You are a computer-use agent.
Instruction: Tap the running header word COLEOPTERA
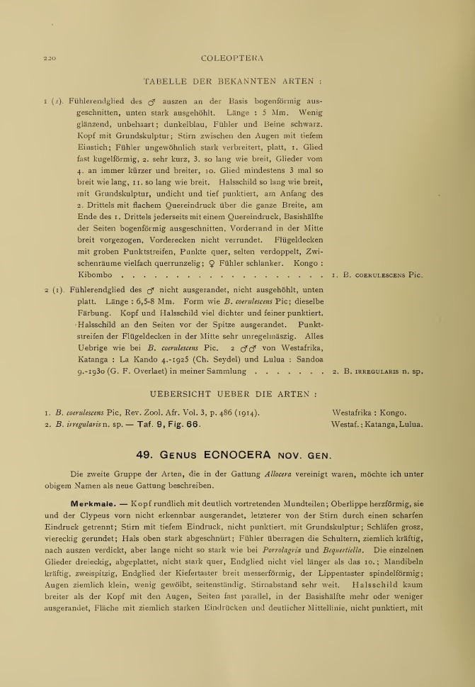(x=232, y=59)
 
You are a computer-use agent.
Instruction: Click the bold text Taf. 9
(x=160, y=425)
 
